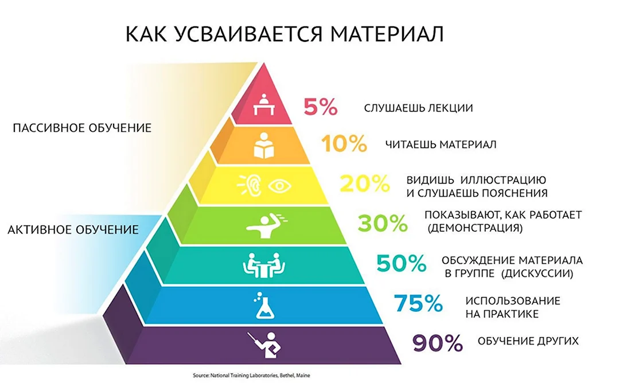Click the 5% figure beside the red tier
pos(320,107)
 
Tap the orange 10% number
pos(344,143)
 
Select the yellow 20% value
pos(365,183)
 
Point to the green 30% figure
pos(383,223)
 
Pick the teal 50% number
pos(401,263)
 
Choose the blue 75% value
pos(419,303)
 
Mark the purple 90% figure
pos(438,343)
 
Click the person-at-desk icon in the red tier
pos(264,104)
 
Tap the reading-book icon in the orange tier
pos(264,145)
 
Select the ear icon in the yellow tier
pos(252,185)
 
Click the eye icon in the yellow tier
pos(280,186)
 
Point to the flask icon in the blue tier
pos(264,306)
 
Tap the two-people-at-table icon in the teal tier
pos(264,265)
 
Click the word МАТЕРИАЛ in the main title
pos(387,34)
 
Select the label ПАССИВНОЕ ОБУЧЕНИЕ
pos(83,128)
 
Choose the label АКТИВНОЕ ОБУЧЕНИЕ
pos(73,230)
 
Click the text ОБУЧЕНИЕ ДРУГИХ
pos(528,341)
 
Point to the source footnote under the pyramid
pos(251,376)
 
